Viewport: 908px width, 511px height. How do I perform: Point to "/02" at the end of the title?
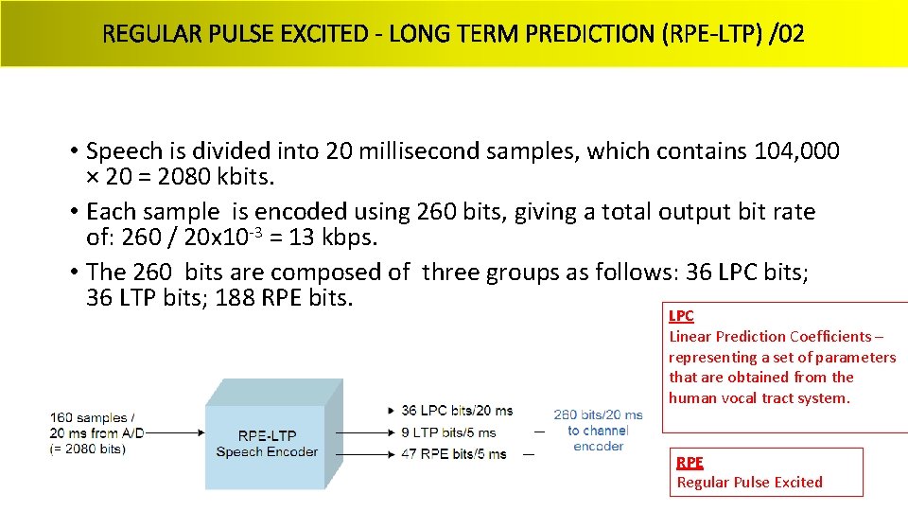[x=787, y=35]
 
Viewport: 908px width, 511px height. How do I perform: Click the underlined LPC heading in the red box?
[x=681, y=316]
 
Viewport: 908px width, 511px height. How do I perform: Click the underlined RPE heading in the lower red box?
[x=690, y=462]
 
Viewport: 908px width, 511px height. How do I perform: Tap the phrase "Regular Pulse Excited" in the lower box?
[x=749, y=482]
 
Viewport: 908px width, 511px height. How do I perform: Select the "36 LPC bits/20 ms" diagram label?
[x=457, y=411]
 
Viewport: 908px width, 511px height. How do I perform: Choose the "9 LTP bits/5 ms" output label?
[x=448, y=432]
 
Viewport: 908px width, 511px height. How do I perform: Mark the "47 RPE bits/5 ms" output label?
[x=453, y=454]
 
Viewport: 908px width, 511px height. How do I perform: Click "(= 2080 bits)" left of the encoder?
[x=87, y=449]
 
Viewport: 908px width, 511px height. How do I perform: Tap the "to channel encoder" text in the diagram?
[x=598, y=438]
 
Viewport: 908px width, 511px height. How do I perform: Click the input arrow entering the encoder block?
[x=175, y=432]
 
